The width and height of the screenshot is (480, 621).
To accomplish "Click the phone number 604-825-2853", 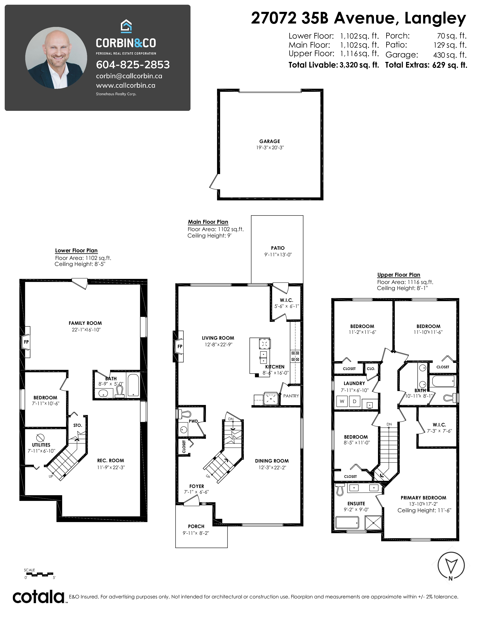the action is coord(133,65).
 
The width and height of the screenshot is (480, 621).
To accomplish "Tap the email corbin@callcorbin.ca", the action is coord(129,76).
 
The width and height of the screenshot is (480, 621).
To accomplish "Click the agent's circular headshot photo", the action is coord(56,58).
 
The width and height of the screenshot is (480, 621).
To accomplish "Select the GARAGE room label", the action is coord(270,141).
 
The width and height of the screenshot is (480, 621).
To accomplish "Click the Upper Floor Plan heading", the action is coord(399,275).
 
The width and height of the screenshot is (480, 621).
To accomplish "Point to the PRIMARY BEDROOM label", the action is coord(423,498).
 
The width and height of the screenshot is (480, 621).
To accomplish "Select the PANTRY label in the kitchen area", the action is coord(291,396).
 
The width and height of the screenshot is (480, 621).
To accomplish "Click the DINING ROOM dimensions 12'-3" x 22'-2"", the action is coord(272,467).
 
